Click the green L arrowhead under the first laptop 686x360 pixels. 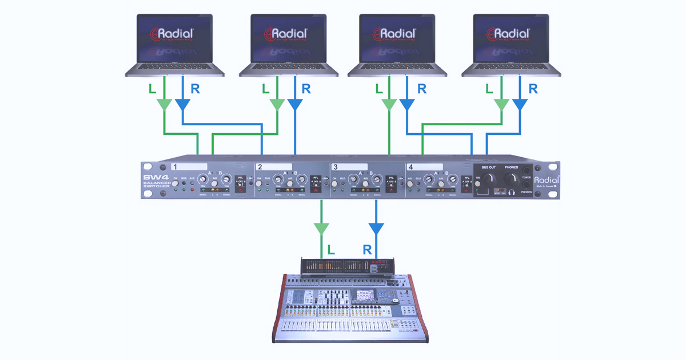click(164, 105)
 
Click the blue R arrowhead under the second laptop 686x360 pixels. click(295, 105)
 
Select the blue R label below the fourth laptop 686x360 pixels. click(533, 89)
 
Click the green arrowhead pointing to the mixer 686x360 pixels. click(322, 229)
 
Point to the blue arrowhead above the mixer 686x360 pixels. click(376, 229)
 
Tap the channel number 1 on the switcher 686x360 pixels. click(176, 167)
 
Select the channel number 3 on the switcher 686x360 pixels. click(336, 167)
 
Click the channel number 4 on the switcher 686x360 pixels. click(410, 167)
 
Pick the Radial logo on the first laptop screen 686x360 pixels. click(174, 34)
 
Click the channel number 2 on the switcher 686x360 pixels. click(260, 167)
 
